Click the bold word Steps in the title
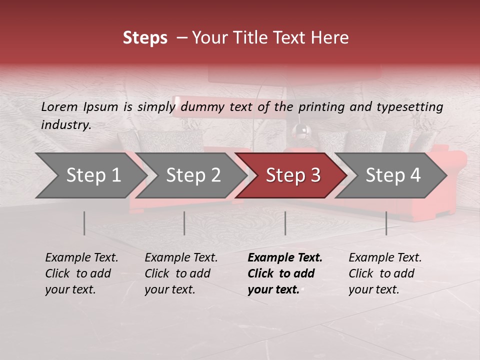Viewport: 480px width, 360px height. click(x=145, y=38)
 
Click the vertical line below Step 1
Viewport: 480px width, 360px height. click(x=84, y=223)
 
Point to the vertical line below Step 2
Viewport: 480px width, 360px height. click(x=184, y=223)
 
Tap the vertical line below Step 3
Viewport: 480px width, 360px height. click(x=285, y=223)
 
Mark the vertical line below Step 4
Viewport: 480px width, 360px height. click(x=386, y=223)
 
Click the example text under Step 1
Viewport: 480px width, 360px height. click(x=81, y=273)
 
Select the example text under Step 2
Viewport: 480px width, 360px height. click(x=181, y=273)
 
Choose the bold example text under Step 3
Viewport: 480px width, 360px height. click(x=284, y=273)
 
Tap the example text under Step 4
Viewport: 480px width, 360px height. click(x=385, y=273)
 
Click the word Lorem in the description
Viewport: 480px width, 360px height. click(x=59, y=106)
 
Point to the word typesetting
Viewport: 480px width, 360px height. click(x=414, y=106)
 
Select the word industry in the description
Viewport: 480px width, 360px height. click(x=66, y=124)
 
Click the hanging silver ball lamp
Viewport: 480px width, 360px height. click(x=301, y=130)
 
